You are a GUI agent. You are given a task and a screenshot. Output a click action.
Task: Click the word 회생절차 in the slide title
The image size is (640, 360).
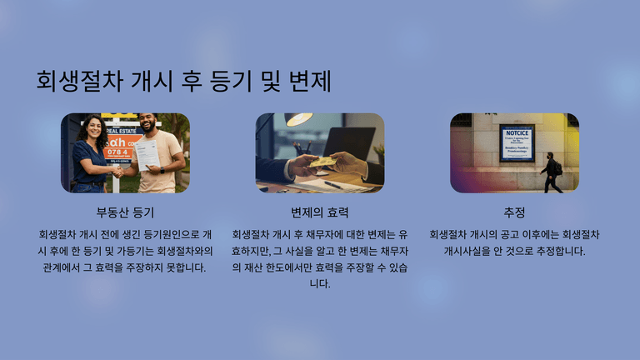pos(80,81)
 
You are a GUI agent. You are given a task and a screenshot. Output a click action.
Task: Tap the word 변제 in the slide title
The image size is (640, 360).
pos(310,81)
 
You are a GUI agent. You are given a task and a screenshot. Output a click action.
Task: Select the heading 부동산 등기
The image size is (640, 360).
pos(125,212)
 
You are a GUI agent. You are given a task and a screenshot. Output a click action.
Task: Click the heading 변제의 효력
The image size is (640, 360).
pos(320,212)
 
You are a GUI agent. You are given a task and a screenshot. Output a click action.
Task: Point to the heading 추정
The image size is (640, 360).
pos(514,212)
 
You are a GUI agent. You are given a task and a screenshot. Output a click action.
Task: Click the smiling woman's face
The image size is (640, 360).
pos(94,128)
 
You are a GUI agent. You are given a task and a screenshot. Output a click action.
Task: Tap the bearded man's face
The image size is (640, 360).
pos(147,122)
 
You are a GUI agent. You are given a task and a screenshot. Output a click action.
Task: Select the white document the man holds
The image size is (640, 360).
pos(147,155)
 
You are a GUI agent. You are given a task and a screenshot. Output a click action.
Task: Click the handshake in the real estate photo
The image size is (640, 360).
pos(118,172)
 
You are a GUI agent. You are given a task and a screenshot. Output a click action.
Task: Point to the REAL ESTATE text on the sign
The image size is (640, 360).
pos(122,131)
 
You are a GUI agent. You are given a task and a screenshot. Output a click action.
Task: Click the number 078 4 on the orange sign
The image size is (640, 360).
pos(117,152)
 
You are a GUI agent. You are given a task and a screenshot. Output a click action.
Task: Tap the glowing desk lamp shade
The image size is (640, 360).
pos(299,119)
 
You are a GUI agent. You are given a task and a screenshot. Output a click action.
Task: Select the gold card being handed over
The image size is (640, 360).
pos(322,162)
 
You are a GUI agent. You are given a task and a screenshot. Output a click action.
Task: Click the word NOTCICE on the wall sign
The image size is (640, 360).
pos(517,133)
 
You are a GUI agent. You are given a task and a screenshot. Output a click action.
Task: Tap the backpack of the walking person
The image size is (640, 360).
pos(558,167)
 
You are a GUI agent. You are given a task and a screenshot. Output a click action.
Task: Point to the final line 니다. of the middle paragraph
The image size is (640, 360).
pos(320,283)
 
